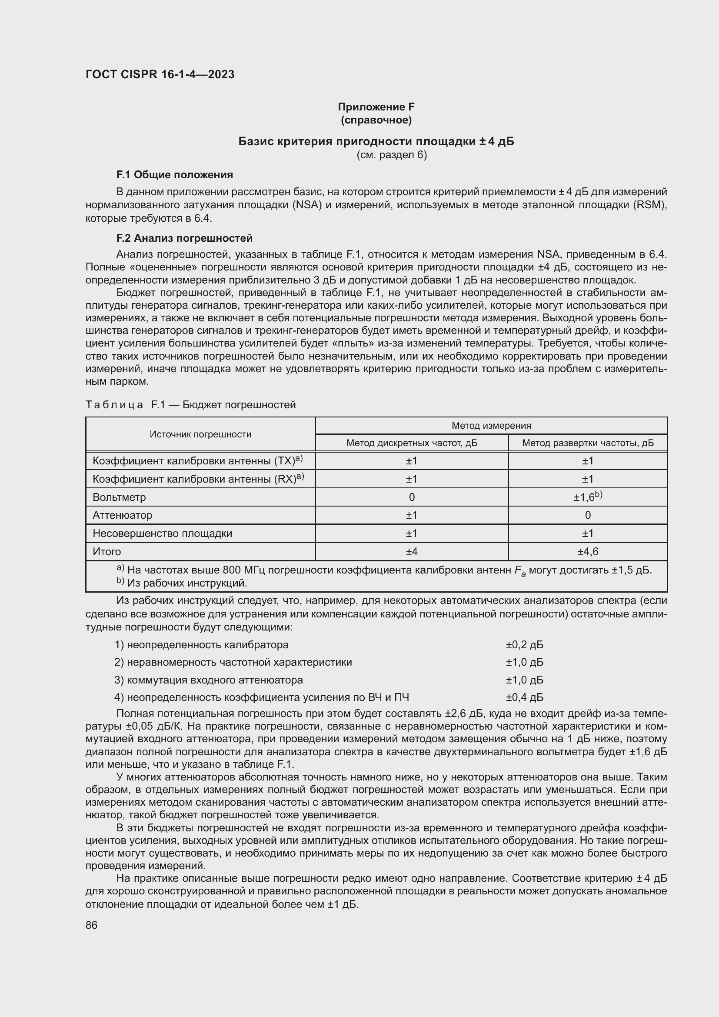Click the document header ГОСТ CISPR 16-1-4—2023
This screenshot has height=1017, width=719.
160,74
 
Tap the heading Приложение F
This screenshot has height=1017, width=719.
376,107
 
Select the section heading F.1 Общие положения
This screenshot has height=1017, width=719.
174,175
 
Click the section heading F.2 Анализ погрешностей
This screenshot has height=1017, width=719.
184,238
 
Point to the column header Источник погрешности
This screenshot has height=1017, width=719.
200,434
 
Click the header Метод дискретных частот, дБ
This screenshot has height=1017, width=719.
411,443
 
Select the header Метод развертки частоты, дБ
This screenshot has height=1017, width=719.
588,443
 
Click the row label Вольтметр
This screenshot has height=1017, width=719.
119,497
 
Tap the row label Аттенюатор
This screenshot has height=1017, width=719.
122,515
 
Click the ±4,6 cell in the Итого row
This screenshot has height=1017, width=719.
588,552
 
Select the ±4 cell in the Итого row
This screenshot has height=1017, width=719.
411,552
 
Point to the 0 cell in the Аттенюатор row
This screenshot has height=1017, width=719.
588,515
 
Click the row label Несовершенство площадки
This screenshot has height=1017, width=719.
162,534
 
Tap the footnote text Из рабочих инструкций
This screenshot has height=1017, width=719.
186,584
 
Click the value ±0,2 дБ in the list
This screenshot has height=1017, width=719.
524,645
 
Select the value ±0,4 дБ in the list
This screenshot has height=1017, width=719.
524,697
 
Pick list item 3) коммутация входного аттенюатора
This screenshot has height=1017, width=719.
209,680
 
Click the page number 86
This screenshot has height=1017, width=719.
92,925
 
